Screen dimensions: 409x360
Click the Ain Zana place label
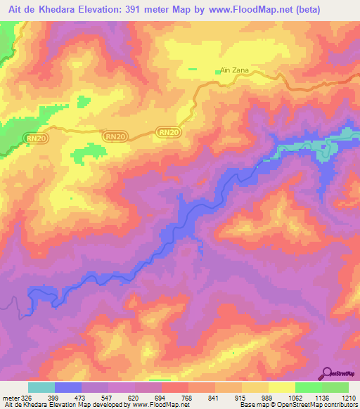[x=234, y=70]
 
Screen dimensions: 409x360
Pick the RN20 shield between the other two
[x=116, y=136]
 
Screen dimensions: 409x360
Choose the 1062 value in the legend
[x=296, y=397]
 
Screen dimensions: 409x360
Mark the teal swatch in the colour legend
[x=41, y=387]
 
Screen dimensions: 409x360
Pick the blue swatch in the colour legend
[x=68, y=387]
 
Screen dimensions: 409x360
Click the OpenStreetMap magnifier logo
[x=328, y=373]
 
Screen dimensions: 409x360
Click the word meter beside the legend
[x=12, y=397]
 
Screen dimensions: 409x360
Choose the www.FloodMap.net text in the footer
[x=150, y=405]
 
